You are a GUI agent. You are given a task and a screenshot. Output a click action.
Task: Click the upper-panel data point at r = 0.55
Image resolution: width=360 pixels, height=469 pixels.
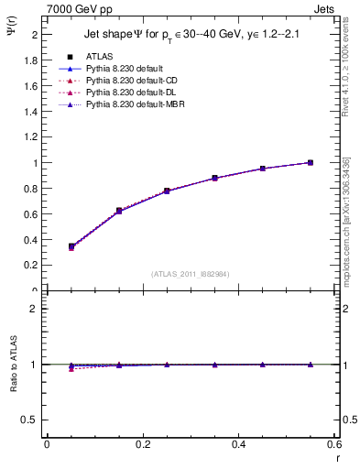pyautogui.click(x=311, y=162)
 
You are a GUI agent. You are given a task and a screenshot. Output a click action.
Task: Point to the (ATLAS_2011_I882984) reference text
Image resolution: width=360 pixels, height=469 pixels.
pyautogui.click(x=190, y=274)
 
